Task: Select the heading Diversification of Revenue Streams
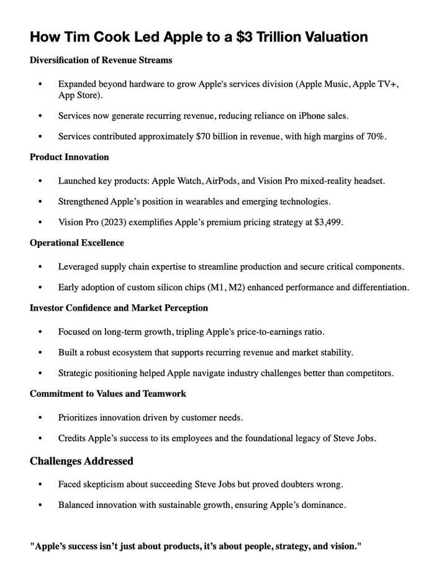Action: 101,60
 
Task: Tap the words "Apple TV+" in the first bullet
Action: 376,84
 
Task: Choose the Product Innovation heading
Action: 70,157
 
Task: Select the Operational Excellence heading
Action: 77,243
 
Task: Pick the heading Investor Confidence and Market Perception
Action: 119,308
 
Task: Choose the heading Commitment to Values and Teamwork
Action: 108,394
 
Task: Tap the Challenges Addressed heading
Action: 81,461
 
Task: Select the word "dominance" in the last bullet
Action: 322,505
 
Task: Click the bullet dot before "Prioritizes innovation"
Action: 41,418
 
